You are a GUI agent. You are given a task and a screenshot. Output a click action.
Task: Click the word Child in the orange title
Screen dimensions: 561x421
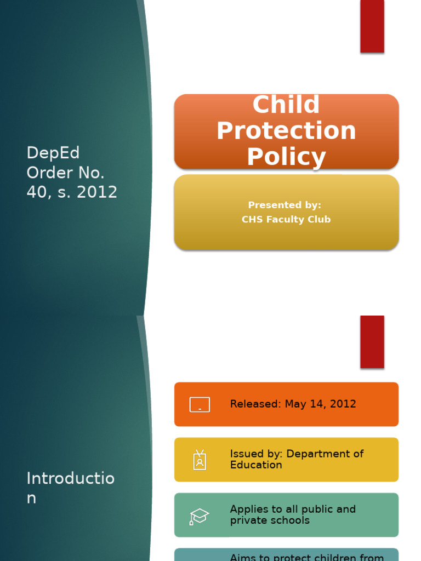[286, 105]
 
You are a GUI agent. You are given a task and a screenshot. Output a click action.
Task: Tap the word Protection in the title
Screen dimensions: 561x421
[286, 131]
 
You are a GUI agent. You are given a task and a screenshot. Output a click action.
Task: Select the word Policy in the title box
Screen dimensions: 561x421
[286, 157]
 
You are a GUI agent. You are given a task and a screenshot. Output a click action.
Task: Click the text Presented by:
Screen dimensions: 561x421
[285, 205]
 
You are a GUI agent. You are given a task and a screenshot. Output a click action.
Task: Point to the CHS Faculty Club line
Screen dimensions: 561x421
[286, 220]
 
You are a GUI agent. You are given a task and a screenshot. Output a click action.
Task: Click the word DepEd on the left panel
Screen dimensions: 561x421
[53, 153]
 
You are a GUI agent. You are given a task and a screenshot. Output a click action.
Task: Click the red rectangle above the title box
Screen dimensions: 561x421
[372, 26]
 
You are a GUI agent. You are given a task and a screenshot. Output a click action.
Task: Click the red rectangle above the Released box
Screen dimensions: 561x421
[372, 341]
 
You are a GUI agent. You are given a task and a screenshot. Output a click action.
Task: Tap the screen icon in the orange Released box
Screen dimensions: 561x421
[200, 404]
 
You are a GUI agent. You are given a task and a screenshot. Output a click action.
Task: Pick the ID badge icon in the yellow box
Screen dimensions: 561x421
[200, 460]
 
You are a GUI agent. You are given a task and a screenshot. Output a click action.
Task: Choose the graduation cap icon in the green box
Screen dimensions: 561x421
[200, 516]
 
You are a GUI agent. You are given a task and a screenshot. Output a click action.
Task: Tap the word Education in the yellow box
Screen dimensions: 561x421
[256, 465]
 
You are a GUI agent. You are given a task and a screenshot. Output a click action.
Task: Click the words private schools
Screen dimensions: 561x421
[270, 520]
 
